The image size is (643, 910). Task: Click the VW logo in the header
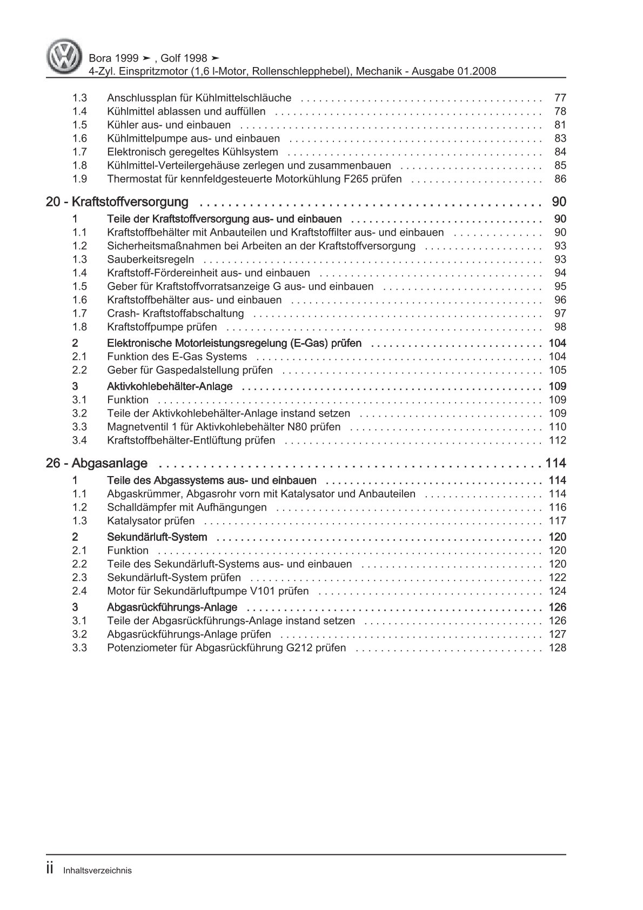pos(64,55)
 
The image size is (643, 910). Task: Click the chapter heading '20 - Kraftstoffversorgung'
pos(117,202)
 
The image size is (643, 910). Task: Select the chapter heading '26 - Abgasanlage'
pos(97,463)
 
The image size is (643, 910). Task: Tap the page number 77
pos(560,98)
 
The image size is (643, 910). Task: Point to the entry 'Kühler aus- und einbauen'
pos(169,125)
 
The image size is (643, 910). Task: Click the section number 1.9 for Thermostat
pos(79,179)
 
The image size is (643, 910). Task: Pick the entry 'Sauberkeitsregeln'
pos(150,259)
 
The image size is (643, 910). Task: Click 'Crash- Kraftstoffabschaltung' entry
pos(176,313)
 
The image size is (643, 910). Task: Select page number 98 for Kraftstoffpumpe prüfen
pos(560,327)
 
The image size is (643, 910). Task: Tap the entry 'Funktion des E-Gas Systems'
pos(177,357)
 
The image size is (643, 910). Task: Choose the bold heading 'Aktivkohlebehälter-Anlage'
pos(170,386)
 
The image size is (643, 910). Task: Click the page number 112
pos(557,440)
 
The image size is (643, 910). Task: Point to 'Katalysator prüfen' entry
pos(151,521)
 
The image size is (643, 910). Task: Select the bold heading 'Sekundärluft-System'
pos(157,537)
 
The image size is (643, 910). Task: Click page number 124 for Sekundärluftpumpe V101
pos(557,591)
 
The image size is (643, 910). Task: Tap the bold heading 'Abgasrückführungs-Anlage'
pos(172,607)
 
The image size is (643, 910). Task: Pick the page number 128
pos(557,648)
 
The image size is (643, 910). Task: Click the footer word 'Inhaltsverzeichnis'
pos(97,871)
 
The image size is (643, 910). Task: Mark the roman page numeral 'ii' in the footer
pos(50,869)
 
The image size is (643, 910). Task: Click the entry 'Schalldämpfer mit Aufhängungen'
pos(187,507)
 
